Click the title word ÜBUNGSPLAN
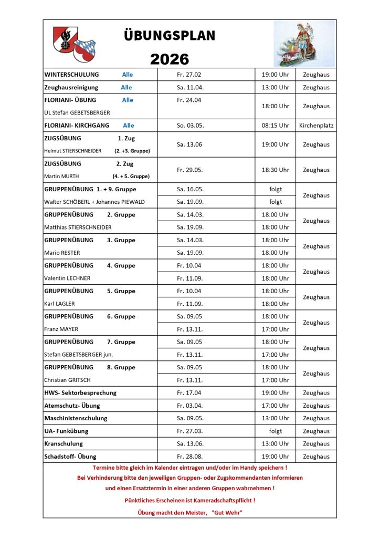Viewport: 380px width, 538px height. click(170, 36)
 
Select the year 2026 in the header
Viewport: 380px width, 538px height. click(170, 59)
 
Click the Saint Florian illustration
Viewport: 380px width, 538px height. click(304, 43)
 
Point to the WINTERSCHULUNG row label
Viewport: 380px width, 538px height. click(71, 75)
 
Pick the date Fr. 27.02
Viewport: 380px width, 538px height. click(189, 75)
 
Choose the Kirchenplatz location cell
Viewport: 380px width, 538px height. click(316, 126)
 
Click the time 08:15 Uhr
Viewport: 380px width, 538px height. click(275, 126)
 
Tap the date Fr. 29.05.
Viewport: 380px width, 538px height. click(189, 170)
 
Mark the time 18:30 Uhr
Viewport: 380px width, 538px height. click(275, 170)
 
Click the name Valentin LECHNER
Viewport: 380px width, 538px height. click(67, 278)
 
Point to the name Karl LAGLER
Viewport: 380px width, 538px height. click(59, 304)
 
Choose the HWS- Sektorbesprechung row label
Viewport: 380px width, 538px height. click(80, 392)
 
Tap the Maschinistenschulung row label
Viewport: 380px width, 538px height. click(76, 418)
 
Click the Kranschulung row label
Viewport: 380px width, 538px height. click(64, 443)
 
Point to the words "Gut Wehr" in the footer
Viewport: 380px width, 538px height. click(227, 512)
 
